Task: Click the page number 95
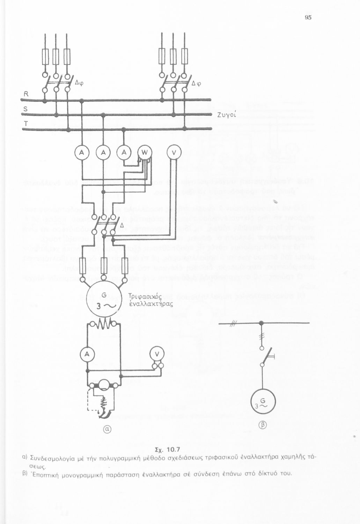pyautogui.click(x=308, y=17)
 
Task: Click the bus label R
pyautogui.click(x=26, y=94)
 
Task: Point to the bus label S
pyautogui.click(x=25, y=109)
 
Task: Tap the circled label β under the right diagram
pyautogui.click(x=263, y=425)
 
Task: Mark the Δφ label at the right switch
pyautogui.click(x=197, y=83)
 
